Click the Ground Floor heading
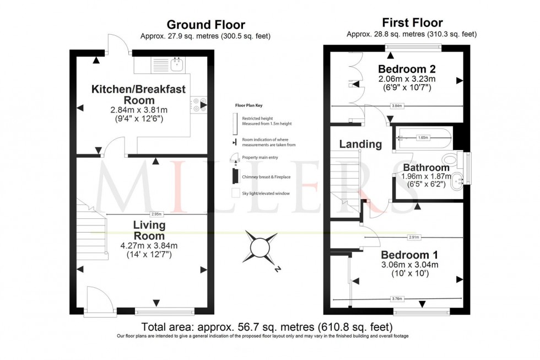tap(206, 25)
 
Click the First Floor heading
tap(412, 23)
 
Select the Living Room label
tap(149, 230)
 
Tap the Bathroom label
tap(426, 168)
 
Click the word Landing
tap(360, 144)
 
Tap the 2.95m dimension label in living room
tap(157, 214)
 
